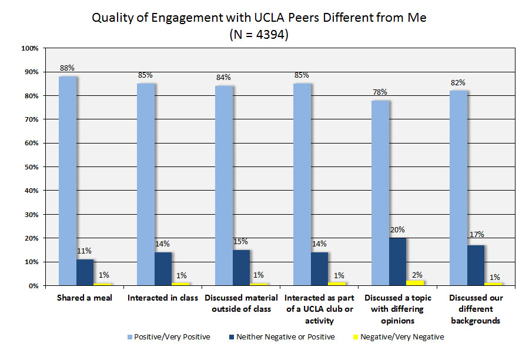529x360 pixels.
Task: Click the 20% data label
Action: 398,229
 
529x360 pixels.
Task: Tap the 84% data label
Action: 224,77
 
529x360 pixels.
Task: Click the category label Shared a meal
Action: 84,298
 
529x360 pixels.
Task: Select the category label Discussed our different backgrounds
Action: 476,309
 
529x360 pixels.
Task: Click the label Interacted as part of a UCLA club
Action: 319,309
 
